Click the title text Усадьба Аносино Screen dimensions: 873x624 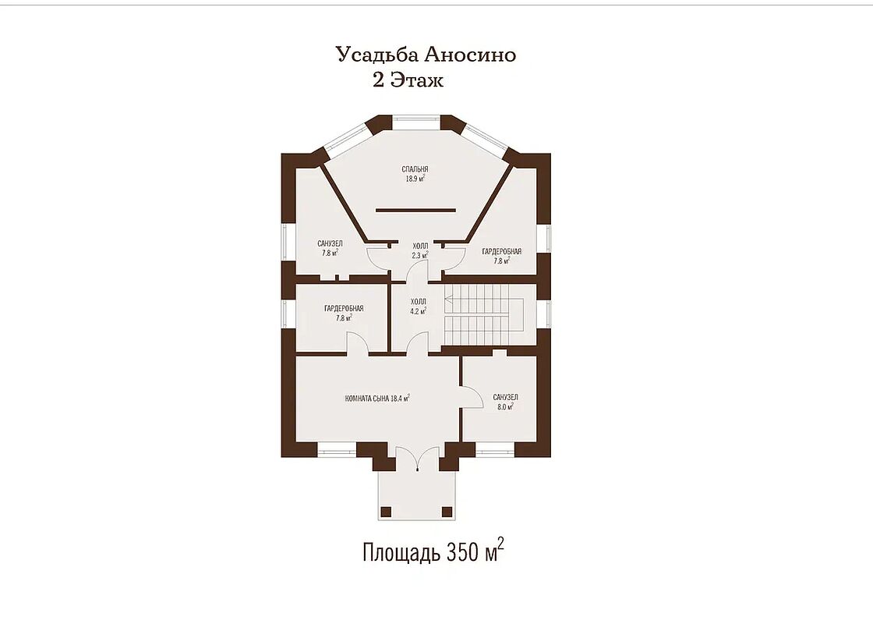[x=426, y=55]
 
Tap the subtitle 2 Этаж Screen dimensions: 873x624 [x=408, y=80]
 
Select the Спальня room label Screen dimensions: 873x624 [x=415, y=169]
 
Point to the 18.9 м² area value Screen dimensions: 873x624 [x=415, y=179]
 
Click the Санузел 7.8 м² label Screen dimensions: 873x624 [x=330, y=248]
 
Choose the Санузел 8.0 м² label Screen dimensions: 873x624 [x=505, y=402]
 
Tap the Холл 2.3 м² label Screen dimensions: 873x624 [x=420, y=250]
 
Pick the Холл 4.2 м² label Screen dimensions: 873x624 [x=418, y=307]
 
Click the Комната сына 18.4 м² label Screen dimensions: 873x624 [x=377, y=399]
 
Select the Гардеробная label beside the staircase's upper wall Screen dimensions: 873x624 [x=502, y=256]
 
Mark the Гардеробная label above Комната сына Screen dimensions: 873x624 [x=344, y=313]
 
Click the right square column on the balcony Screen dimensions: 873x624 [x=447, y=512]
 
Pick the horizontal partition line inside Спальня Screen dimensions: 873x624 [x=415, y=210]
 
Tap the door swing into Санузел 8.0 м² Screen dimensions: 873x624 [x=473, y=397]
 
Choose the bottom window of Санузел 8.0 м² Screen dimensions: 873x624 [x=496, y=449]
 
